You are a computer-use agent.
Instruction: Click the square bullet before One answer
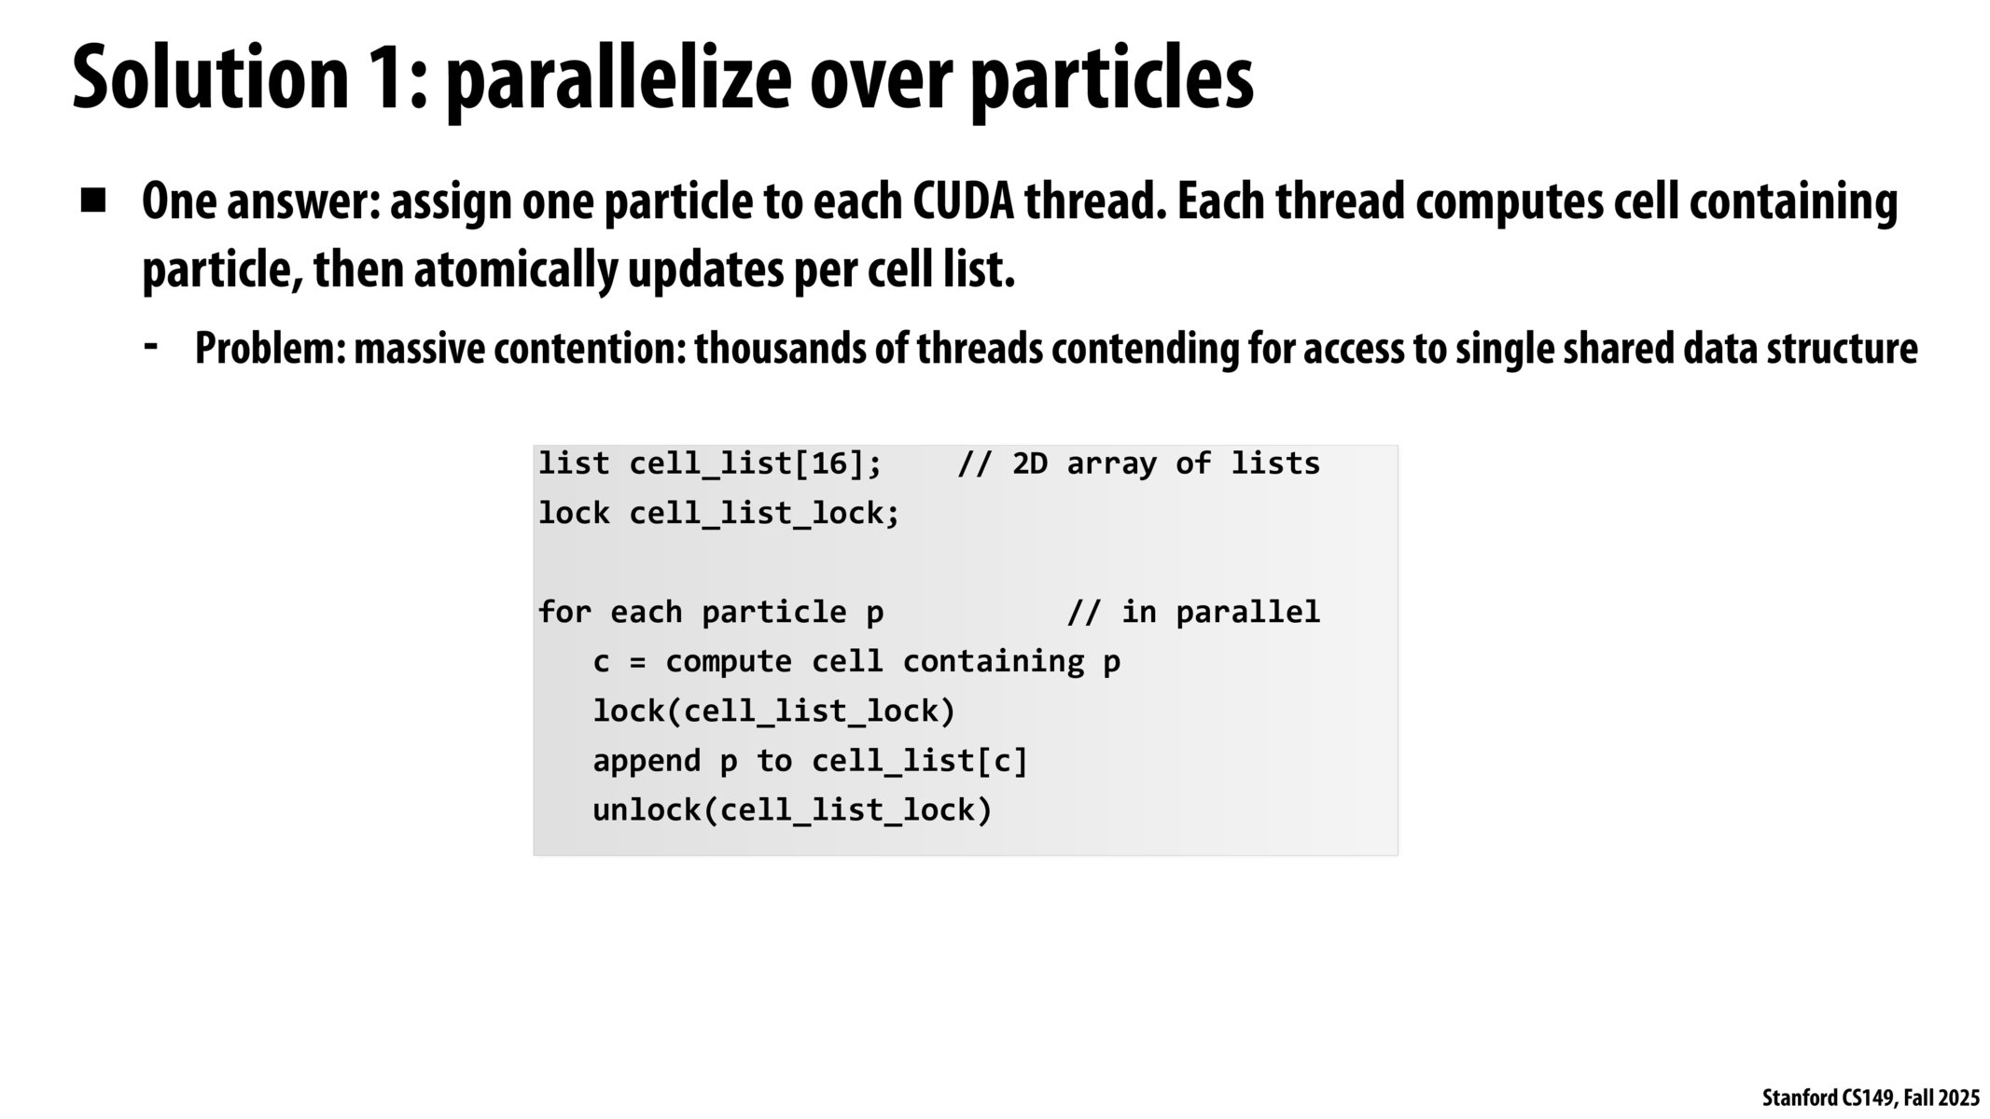click(93, 201)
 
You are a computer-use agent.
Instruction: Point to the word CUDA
click(963, 201)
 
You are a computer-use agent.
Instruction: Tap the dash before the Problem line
click(150, 346)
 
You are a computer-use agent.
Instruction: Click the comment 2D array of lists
click(1138, 464)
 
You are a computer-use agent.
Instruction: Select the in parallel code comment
click(1193, 612)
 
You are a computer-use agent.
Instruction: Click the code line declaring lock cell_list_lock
click(718, 513)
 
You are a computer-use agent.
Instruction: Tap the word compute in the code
click(729, 662)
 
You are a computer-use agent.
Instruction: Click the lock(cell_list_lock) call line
click(774, 711)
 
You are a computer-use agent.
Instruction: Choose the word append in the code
click(647, 762)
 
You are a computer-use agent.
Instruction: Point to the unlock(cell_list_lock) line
click(792, 810)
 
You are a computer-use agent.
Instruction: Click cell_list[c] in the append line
click(919, 762)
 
